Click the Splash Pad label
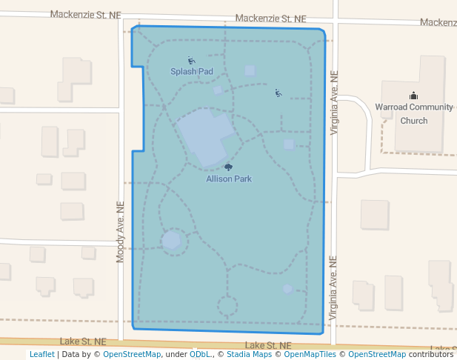tap(192, 72)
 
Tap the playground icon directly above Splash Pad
tap(192, 61)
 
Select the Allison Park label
tap(229, 179)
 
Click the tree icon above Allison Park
tap(229, 168)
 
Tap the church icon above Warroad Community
tap(413, 96)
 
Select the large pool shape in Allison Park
tap(207, 135)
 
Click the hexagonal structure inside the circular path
tap(172, 240)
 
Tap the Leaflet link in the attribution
tap(41, 355)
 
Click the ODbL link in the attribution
tap(200, 355)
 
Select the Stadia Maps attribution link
tap(247, 355)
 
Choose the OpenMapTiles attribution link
tap(311, 355)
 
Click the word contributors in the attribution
tap(430, 355)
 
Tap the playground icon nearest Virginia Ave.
tap(278, 93)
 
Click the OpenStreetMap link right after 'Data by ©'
tap(132, 355)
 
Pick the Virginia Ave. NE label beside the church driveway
tap(334, 103)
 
